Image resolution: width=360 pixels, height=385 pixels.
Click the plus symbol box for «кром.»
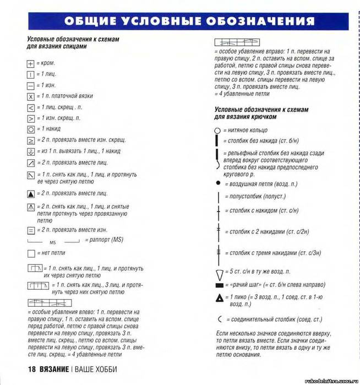coord(31,63)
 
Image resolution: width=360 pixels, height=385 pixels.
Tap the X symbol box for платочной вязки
coord(31,96)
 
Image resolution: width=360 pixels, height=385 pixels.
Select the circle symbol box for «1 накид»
coord(31,129)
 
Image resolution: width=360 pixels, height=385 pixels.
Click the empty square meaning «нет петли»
coord(31,253)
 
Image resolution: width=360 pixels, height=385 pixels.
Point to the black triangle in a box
coord(31,194)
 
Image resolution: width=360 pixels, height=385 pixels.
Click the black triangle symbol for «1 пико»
coord(219,298)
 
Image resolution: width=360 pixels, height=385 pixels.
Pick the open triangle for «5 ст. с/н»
coord(219,272)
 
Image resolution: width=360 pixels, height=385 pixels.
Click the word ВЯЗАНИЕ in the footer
coord(54,369)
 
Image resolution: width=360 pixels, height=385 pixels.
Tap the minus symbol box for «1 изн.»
coord(31,85)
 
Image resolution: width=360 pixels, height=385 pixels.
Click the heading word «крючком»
coord(256,117)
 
